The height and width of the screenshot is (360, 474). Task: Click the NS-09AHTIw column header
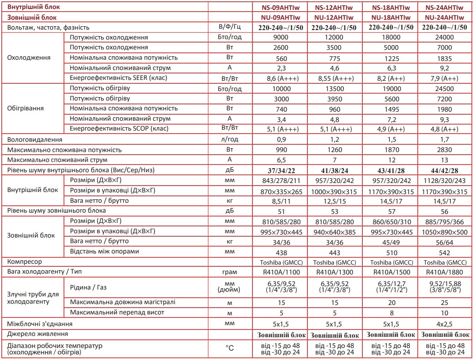point(282,7)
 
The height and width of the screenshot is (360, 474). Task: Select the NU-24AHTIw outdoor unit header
point(446,18)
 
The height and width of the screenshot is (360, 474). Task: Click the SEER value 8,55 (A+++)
point(334,78)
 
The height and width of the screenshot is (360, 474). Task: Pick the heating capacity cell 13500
point(334,89)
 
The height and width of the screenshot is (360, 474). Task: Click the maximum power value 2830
point(446,150)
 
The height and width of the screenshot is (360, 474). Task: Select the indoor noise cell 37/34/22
point(282,170)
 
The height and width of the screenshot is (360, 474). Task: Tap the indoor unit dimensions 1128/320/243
point(446,180)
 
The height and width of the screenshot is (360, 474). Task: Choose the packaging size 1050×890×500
point(446,232)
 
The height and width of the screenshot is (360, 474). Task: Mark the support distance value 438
point(282,252)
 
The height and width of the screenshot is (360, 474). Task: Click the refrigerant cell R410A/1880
point(446,272)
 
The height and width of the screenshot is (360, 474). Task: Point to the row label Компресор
point(26,262)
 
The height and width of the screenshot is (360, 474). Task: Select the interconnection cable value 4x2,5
point(446,323)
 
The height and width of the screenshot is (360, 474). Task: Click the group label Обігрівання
point(26,108)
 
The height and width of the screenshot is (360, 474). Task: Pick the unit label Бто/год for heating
point(230,89)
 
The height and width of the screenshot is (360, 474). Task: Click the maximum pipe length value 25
point(446,302)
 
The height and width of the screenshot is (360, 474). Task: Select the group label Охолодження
point(29,58)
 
